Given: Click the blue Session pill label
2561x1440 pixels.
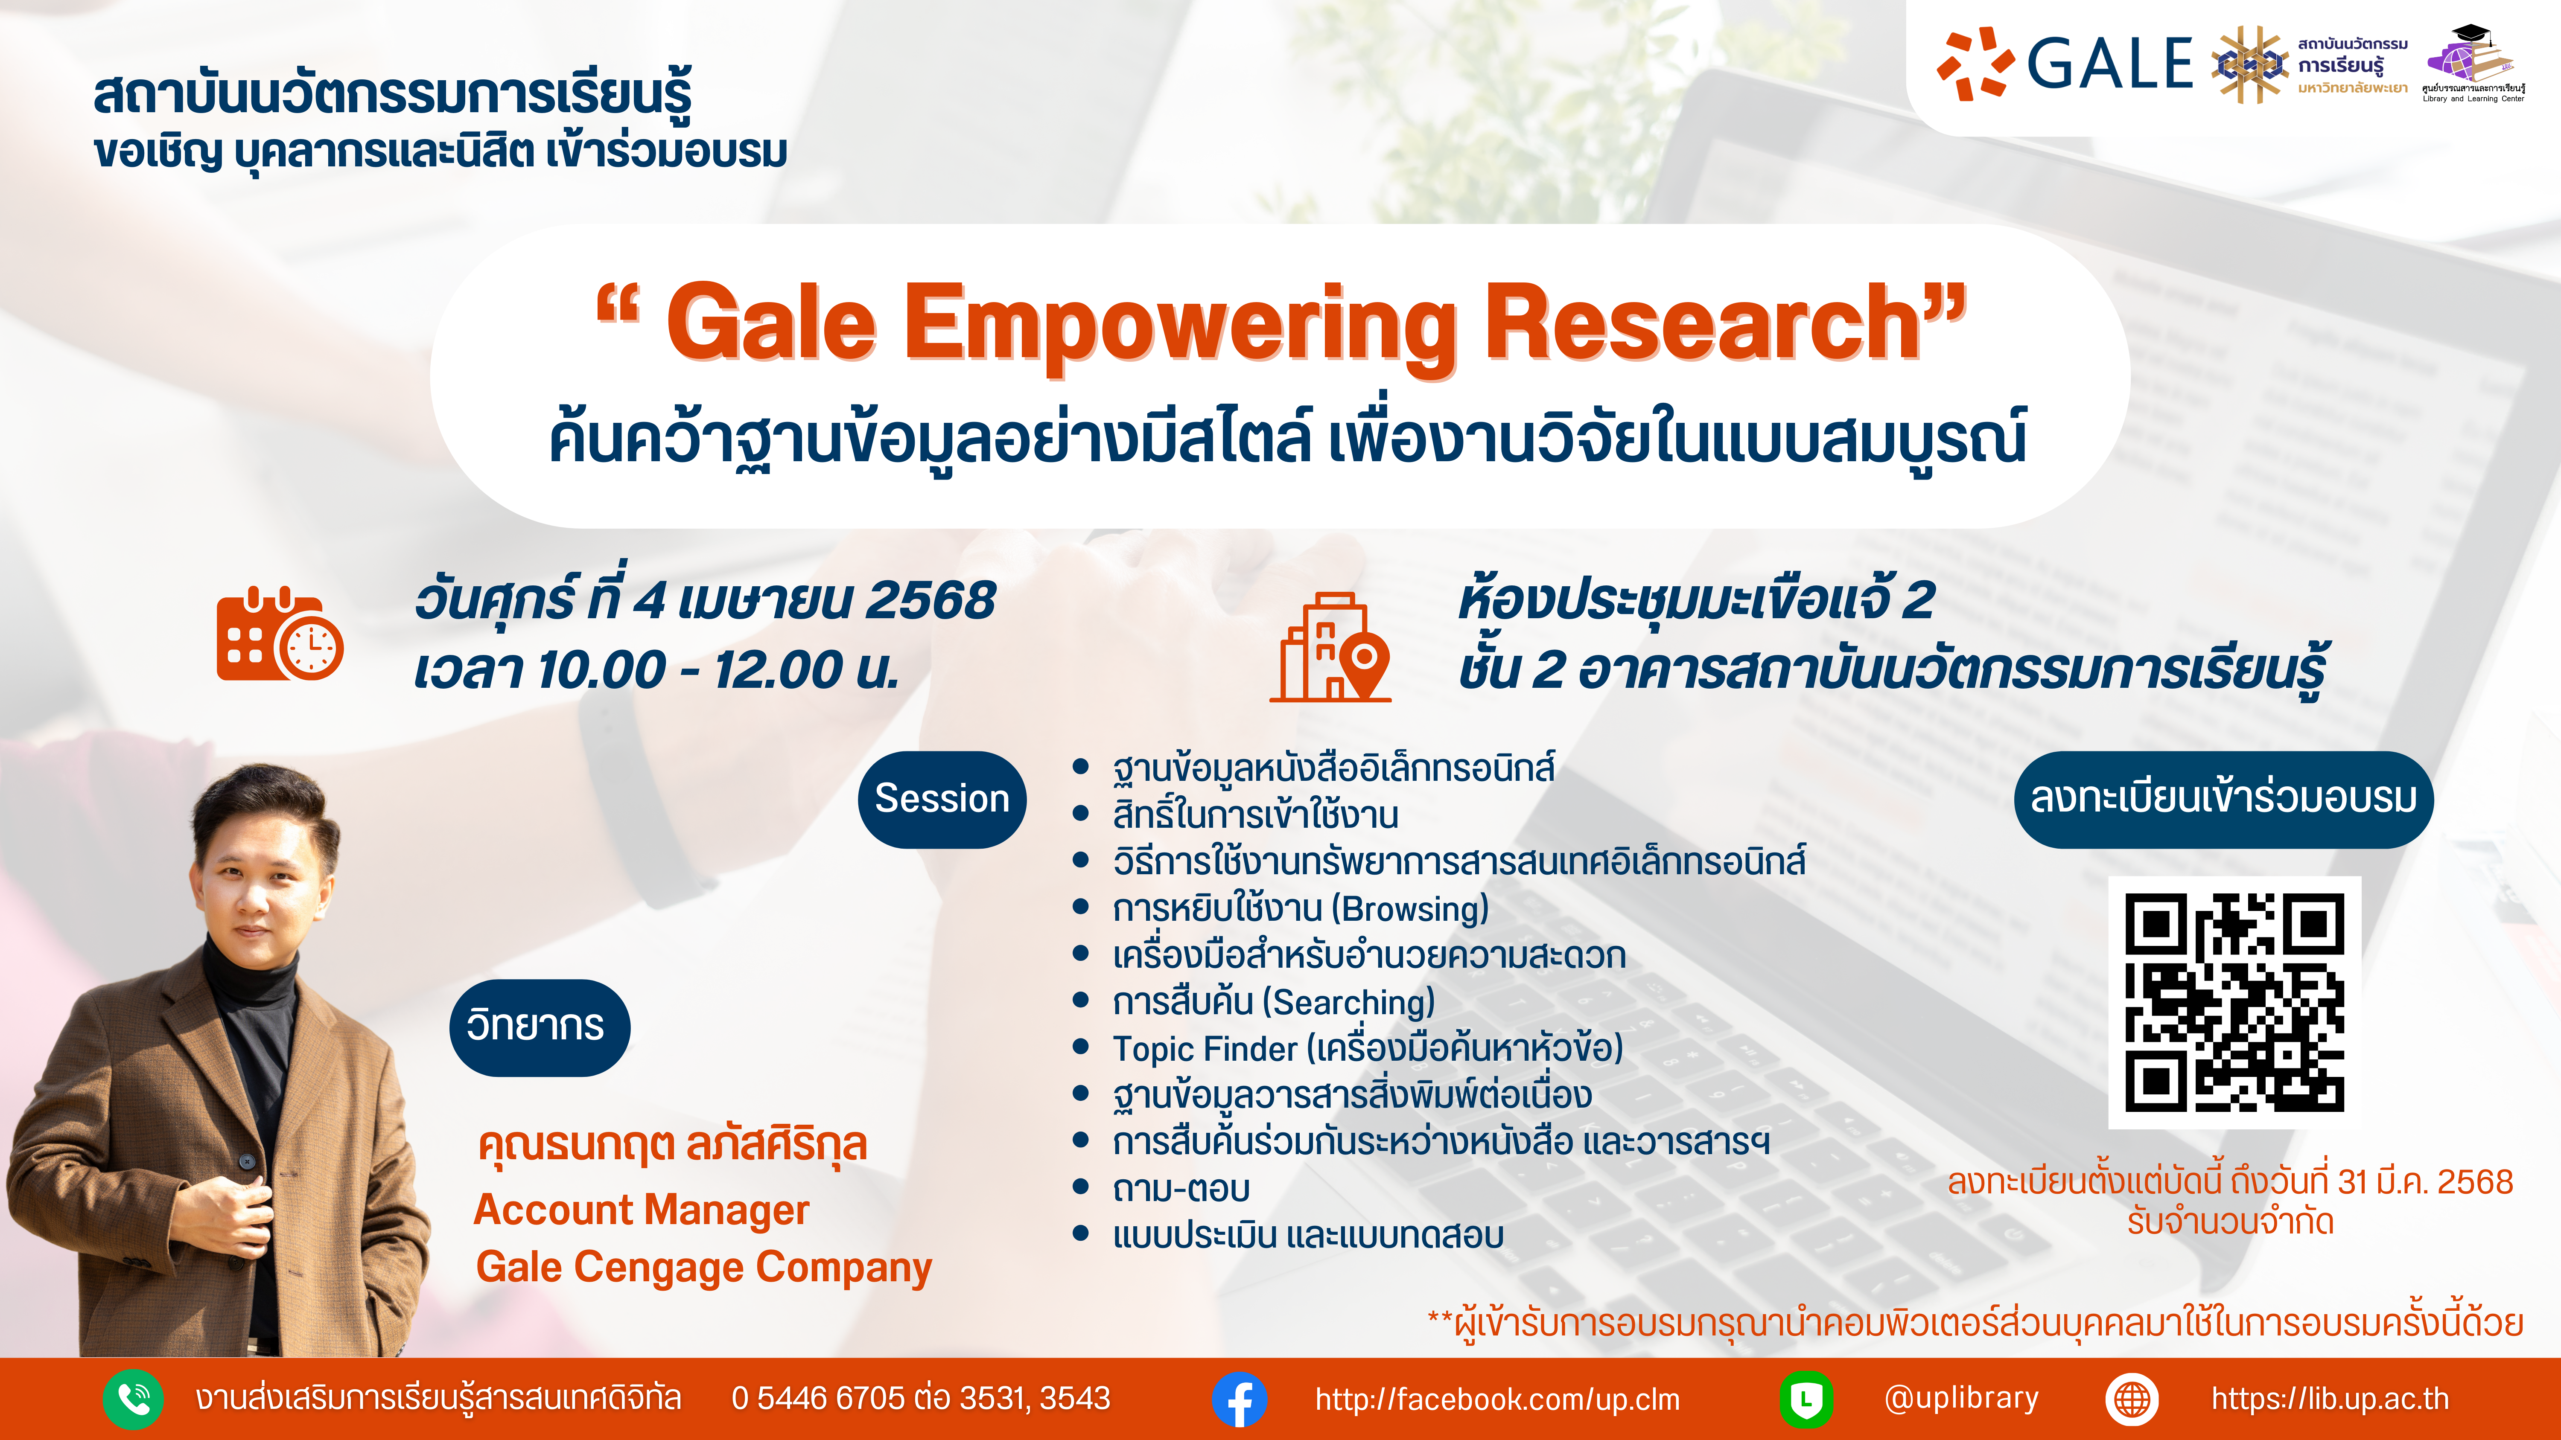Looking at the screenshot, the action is pyautogui.click(x=942, y=799).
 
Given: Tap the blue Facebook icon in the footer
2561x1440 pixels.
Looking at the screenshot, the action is pyautogui.click(x=1240, y=1399).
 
